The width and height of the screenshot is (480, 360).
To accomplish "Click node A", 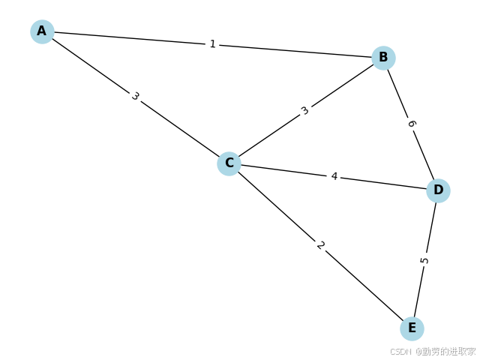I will coord(42,31).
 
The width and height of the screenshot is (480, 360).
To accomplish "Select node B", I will coord(383,58).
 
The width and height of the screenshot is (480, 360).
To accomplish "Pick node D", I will coord(438,190).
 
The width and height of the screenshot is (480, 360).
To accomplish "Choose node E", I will coord(412,328).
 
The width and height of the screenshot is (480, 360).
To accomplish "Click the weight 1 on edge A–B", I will coord(212,44).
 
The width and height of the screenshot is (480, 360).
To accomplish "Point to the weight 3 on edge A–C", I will coord(135,97).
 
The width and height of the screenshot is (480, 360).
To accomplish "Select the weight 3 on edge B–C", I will coord(304,111).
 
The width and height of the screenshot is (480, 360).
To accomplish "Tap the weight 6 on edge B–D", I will coord(411,124).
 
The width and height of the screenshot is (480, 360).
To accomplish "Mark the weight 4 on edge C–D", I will coord(334,176).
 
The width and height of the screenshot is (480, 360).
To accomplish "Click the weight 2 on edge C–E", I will coord(320,245).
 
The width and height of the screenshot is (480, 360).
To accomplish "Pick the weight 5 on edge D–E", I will coord(424,260).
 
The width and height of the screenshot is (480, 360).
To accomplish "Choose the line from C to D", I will coord(285,170).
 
